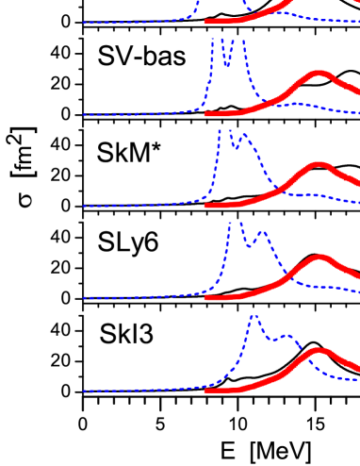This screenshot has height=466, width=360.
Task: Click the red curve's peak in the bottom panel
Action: pos(319,351)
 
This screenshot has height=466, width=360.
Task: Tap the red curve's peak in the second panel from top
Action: pos(319,74)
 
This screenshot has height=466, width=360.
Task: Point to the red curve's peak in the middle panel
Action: pos(319,165)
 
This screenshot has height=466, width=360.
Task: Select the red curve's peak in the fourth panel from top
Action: pos(320,257)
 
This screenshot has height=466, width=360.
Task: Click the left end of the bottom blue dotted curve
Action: pos(84,391)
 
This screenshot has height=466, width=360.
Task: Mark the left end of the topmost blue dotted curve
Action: pos(84,23)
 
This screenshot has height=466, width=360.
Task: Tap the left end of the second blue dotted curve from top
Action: pos(84,115)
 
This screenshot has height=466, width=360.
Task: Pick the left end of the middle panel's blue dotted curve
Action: pos(84,207)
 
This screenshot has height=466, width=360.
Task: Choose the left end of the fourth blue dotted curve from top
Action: pos(84,298)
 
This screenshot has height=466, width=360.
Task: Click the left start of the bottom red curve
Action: pos(206,390)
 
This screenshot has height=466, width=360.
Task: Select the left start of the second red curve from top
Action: pos(206,114)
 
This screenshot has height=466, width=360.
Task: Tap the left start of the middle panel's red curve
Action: pos(206,206)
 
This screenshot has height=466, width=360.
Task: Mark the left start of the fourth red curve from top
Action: pos(206,297)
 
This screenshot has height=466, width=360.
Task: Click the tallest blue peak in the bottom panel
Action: pos(254,316)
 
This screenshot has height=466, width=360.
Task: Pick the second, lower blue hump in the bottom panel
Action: pos(286,335)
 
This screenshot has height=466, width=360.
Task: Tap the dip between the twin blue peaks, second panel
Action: pos(227,66)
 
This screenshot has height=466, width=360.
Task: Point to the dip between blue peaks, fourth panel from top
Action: pos(250,246)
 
